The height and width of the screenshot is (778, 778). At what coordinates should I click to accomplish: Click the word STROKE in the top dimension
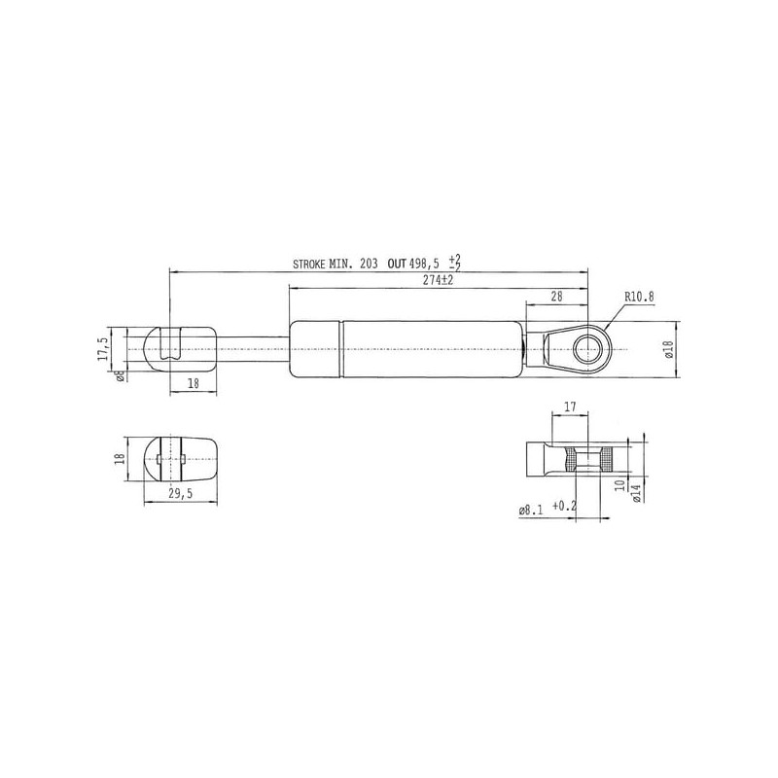pyautogui.click(x=309, y=264)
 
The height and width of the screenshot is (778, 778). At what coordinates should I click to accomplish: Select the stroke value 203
pyautogui.click(x=369, y=264)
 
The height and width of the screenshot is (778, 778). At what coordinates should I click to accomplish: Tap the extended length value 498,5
pyautogui.click(x=424, y=264)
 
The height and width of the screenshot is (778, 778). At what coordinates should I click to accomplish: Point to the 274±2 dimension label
pyautogui.click(x=439, y=280)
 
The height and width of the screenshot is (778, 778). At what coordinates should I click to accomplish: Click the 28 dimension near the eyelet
pyautogui.click(x=556, y=297)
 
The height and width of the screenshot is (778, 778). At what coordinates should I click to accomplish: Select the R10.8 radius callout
pyautogui.click(x=639, y=297)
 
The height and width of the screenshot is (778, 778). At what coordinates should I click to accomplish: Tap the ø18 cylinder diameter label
pyautogui.click(x=668, y=350)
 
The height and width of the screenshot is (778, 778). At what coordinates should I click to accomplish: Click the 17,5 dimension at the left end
pyautogui.click(x=103, y=348)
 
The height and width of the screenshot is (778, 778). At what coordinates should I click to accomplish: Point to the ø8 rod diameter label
pyautogui.click(x=120, y=375)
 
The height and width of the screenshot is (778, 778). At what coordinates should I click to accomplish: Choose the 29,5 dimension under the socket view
pyautogui.click(x=180, y=493)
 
